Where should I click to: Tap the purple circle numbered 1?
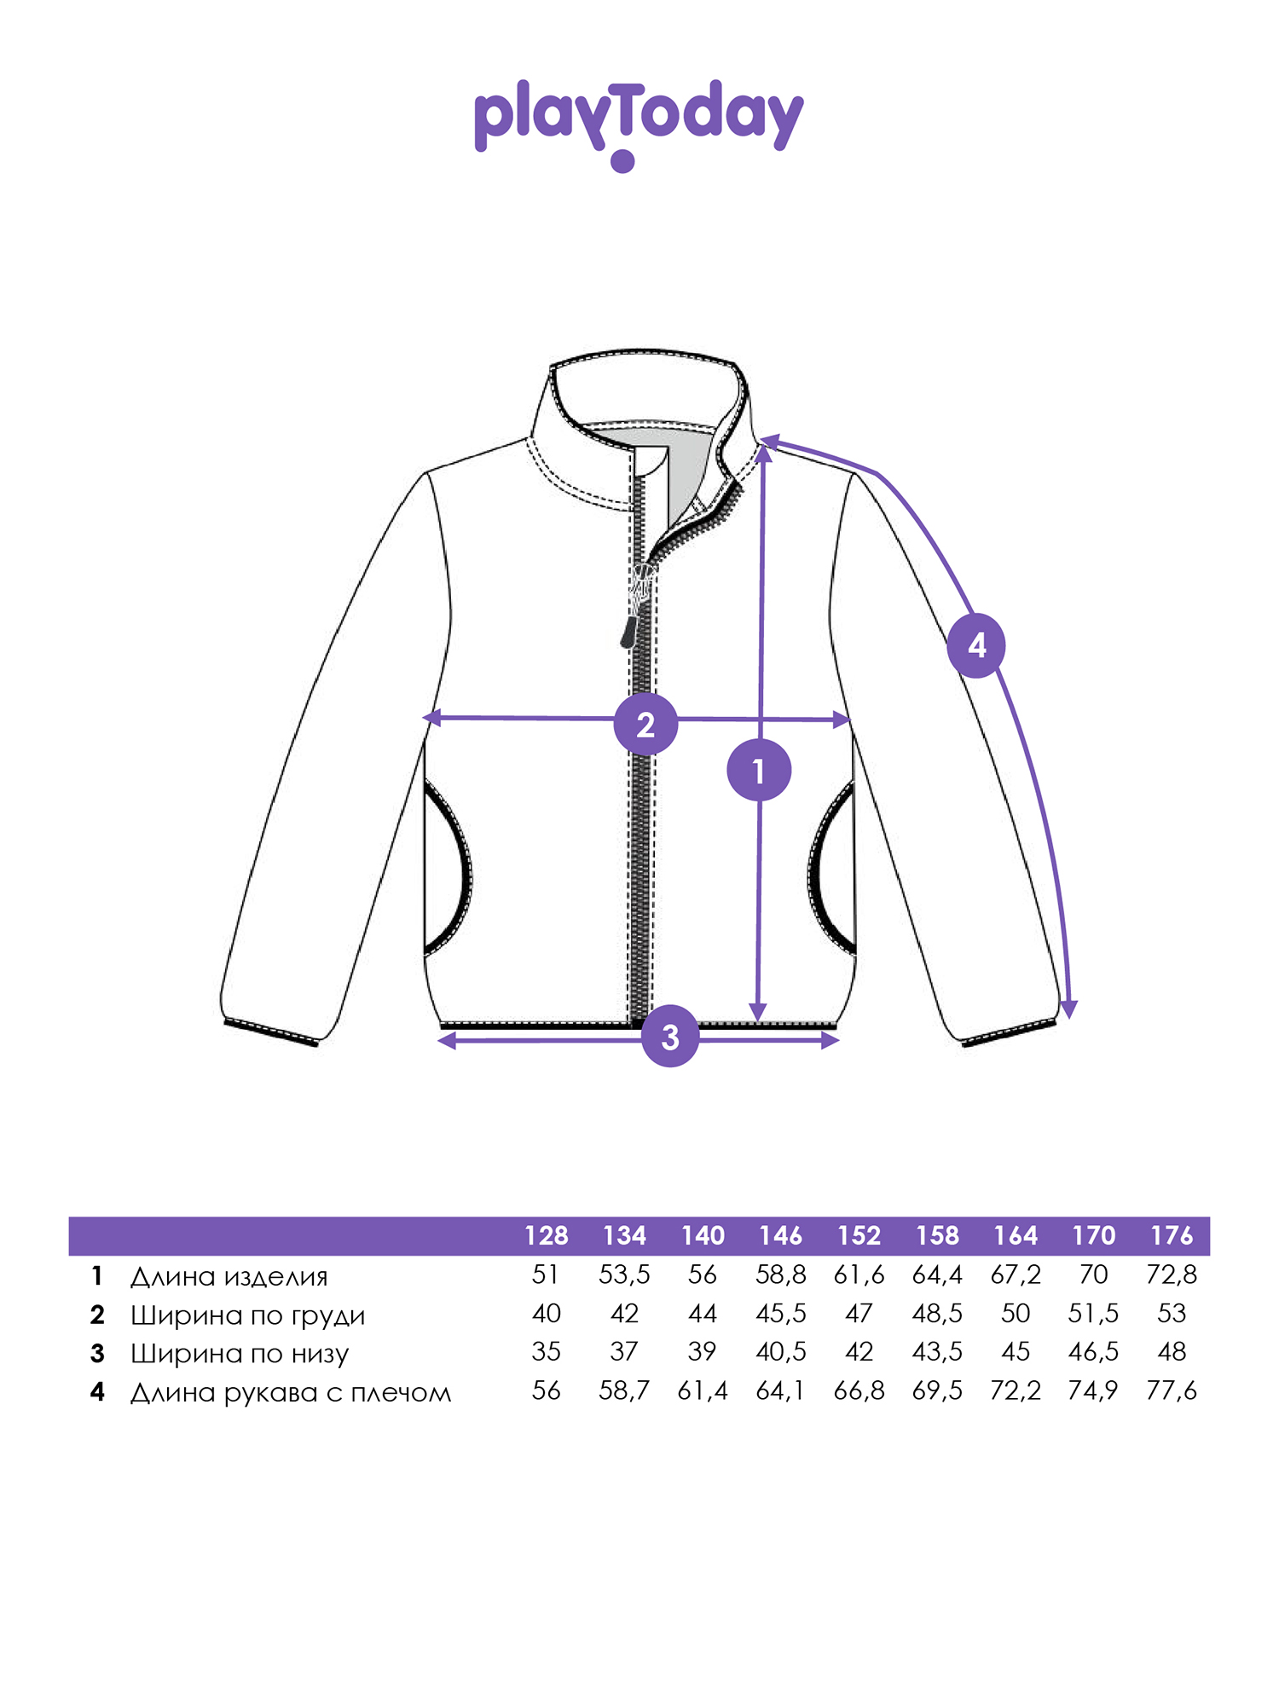pos(759,771)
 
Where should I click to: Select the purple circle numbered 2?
pos(646,725)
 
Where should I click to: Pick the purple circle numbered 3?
pos(671,1036)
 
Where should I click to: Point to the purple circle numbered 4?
pos(976,645)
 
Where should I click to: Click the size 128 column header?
pos(546,1235)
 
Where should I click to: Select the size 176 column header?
pos(1172,1235)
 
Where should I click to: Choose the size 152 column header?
pos(859,1235)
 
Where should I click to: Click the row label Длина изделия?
pos(229,1276)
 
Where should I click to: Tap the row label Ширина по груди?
pos(247,1315)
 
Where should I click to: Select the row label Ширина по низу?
pos(240,1354)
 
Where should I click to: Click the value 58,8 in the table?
pos(781,1275)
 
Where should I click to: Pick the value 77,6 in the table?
pos(1172,1391)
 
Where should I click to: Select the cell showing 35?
pos(546,1352)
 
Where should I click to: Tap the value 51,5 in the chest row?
pos(1093,1314)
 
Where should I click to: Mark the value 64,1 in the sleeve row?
pos(779,1391)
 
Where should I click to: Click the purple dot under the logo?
pos(622,161)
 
